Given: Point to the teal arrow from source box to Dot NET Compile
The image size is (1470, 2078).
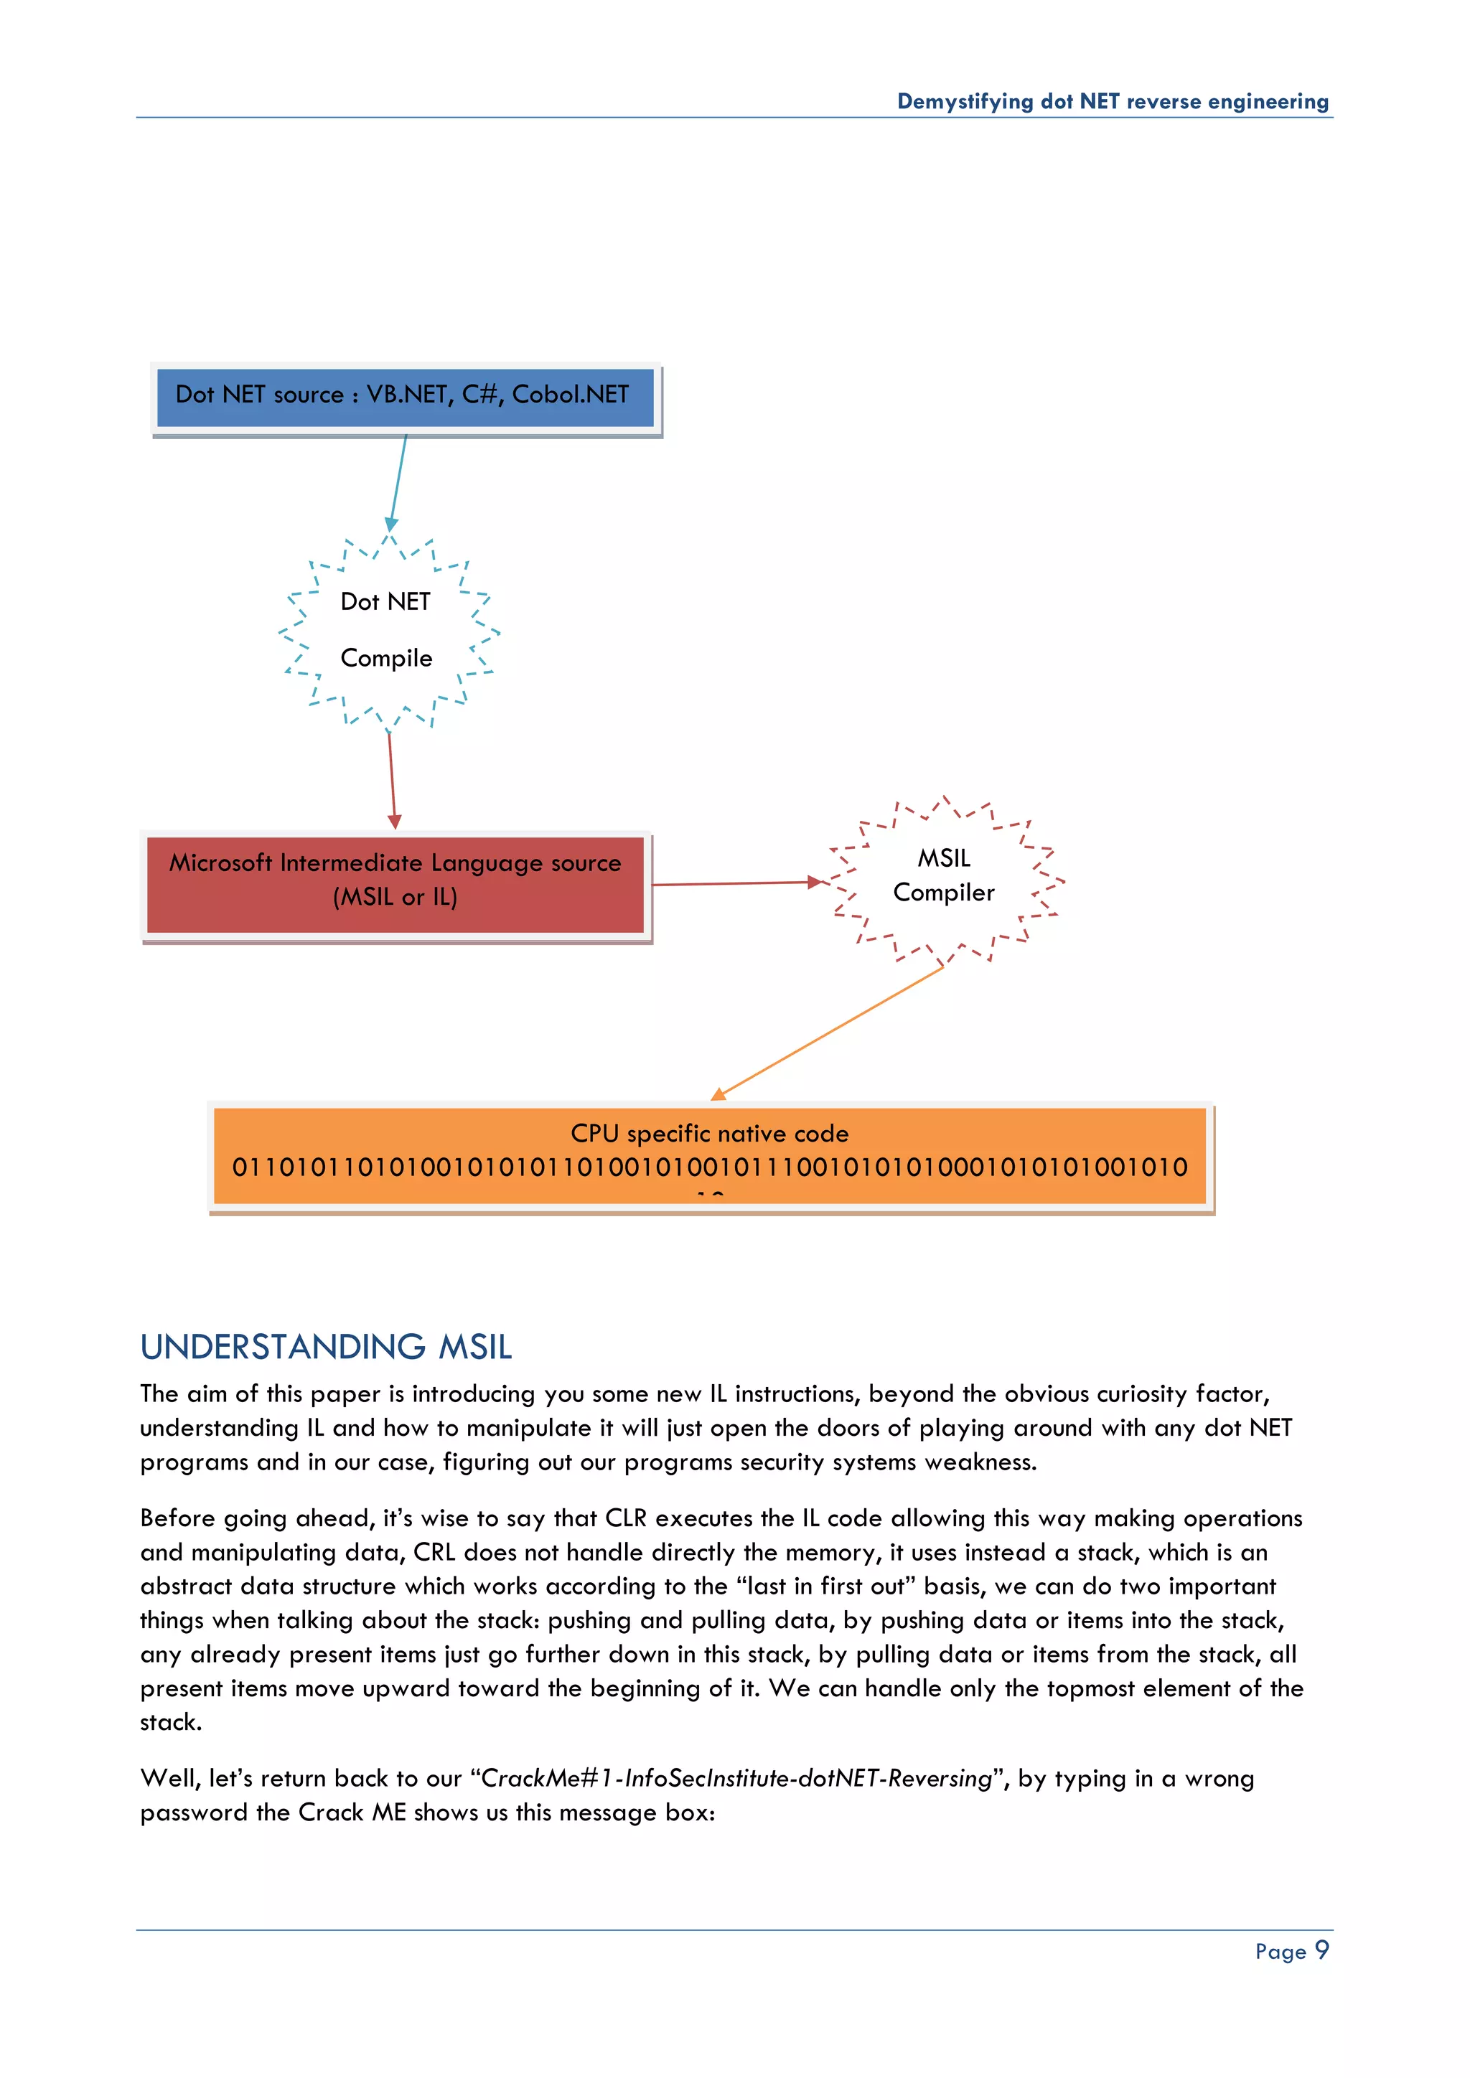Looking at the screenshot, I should pos(398,481).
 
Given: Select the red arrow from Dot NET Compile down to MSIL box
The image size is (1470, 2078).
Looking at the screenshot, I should pos(392,779).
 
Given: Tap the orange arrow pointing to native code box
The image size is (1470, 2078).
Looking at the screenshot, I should pos(828,1033).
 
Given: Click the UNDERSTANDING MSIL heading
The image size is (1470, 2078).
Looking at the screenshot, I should pos(326,1347).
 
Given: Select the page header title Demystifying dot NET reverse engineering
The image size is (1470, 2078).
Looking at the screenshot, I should pos(1113,101).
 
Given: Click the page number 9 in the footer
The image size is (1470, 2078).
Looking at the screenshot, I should pos(1321,1950).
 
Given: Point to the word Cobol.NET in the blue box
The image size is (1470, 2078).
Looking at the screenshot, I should pos(570,395).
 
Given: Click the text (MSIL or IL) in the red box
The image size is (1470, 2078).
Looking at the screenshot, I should pos(395,897).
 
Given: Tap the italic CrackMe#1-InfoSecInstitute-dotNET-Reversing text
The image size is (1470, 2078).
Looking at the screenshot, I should pos(737,1779).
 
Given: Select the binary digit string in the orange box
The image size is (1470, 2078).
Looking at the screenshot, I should pos(710,1167).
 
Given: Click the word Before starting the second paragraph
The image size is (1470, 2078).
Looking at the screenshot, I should pos(178,1518).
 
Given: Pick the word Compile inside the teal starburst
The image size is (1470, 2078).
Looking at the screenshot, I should pos(386,658).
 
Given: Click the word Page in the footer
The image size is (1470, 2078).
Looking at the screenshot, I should pos(1280,1952).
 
